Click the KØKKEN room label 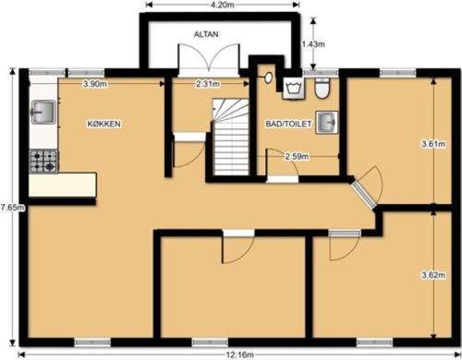[104, 124]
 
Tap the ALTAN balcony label [206, 34]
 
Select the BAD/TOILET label [288, 124]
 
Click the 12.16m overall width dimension [240, 355]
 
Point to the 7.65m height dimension [12, 208]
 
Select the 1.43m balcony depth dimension [313, 44]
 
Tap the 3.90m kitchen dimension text [95, 84]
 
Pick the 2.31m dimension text [208, 84]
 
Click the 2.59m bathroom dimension [297, 157]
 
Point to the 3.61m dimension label [433, 144]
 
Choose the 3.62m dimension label [433, 275]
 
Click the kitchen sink [43, 112]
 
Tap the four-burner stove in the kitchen [43, 161]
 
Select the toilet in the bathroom [322, 88]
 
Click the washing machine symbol [294, 89]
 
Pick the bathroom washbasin [326, 123]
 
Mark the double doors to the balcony [209, 58]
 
